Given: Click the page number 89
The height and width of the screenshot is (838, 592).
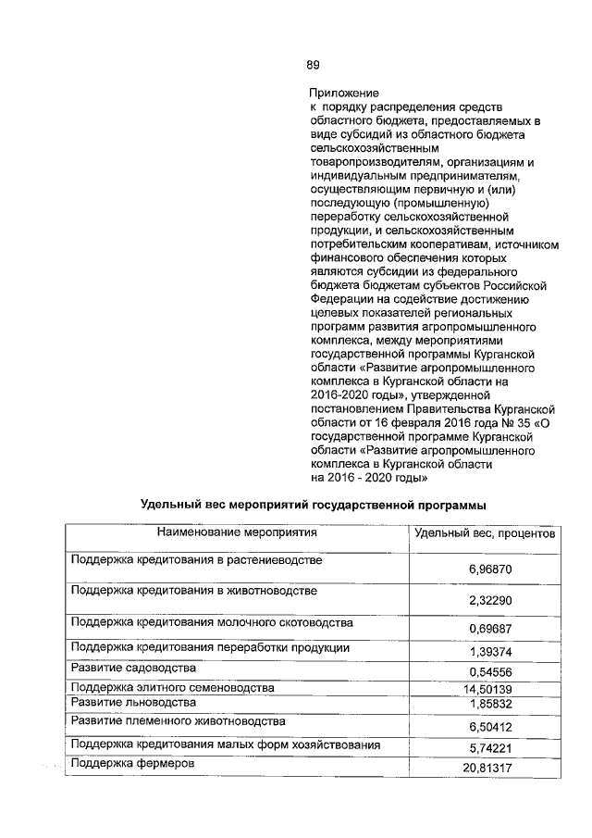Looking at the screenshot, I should coord(314,64).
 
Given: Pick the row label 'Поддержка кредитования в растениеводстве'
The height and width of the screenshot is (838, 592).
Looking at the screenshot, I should coord(196,561).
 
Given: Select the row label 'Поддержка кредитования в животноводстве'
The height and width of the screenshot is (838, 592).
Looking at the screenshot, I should coord(194,591).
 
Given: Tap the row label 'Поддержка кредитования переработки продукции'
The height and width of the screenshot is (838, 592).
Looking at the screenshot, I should coord(210,647).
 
